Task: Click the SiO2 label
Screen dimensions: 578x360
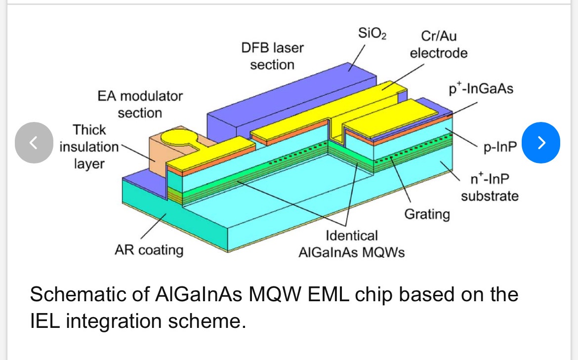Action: pyautogui.click(x=372, y=34)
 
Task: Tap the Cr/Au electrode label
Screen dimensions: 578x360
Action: pyautogui.click(x=439, y=44)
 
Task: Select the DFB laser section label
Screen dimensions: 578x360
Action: pyautogui.click(x=272, y=56)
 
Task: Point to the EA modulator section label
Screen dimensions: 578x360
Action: pyautogui.click(x=140, y=104)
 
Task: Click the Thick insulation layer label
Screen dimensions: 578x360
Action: pyautogui.click(x=89, y=147)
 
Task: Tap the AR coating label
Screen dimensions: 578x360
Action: pyautogui.click(x=149, y=250)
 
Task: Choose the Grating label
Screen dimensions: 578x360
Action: pyautogui.click(x=427, y=214)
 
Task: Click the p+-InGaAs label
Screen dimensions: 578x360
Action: pyautogui.click(x=481, y=89)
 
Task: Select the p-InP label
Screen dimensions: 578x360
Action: pyautogui.click(x=500, y=147)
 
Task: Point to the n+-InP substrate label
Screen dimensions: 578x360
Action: pyautogui.click(x=490, y=188)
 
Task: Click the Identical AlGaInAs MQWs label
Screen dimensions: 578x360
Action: pyautogui.click(x=352, y=244)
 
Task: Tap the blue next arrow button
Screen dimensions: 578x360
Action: pyautogui.click(x=541, y=143)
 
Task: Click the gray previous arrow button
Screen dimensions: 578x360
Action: pyautogui.click(x=34, y=143)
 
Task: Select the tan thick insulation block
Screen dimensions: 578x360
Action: pyautogui.click(x=157, y=155)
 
